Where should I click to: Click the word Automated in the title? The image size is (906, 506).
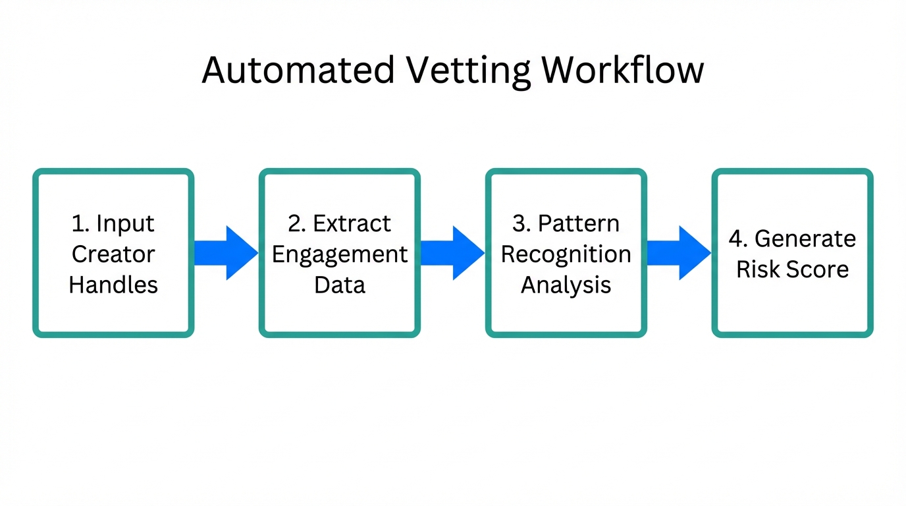tap(298, 70)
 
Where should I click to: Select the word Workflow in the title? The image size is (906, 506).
tap(624, 70)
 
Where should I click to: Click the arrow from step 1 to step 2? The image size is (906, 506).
tap(226, 253)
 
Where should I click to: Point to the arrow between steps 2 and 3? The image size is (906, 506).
tap(452, 253)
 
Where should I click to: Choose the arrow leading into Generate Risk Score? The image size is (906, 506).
tap(679, 253)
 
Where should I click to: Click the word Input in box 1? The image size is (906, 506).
tap(125, 223)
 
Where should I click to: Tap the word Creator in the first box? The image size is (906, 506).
tap(113, 254)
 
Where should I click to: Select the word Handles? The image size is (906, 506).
tap(113, 285)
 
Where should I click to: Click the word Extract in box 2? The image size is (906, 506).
tap(352, 223)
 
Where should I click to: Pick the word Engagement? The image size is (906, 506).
tap(340, 254)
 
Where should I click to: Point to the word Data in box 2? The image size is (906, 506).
tap(340, 285)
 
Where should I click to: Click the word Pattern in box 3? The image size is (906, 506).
tap(578, 223)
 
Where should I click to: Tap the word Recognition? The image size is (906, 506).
tap(566, 254)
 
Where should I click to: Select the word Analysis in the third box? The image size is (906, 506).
tap(566, 285)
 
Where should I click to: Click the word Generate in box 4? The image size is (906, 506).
tap(805, 239)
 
